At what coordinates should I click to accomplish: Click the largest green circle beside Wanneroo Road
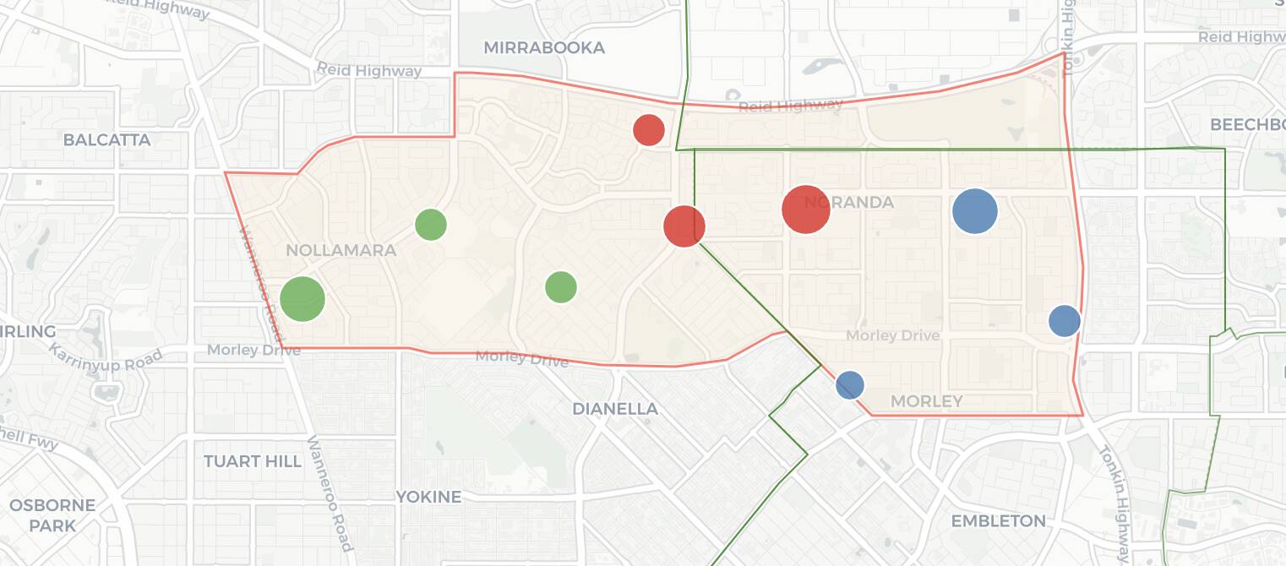[302, 298]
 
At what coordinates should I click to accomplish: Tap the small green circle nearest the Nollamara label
[431, 224]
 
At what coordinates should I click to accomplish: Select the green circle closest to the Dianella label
[561, 287]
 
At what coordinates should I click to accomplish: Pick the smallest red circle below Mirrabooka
[649, 130]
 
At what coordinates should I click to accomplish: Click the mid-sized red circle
[684, 226]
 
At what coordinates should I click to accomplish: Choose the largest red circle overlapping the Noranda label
[806, 209]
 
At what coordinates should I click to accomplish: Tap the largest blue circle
[975, 211]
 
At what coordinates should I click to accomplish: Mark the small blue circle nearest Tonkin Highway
[1065, 321]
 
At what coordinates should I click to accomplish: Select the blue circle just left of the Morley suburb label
[850, 385]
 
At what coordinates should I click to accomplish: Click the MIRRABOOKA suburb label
[544, 48]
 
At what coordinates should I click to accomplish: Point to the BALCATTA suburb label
[107, 140]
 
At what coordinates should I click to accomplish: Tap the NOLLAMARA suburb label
[341, 251]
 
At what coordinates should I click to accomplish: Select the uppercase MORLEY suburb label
[927, 401]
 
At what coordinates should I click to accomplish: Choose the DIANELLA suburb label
[615, 409]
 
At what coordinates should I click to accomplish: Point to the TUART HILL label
[253, 461]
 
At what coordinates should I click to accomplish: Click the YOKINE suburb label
[429, 497]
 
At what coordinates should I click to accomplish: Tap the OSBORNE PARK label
[52, 515]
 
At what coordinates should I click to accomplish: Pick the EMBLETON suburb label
[999, 521]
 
